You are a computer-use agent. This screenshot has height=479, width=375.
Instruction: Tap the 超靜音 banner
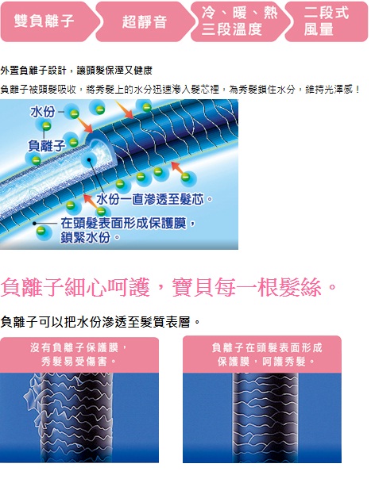pos(144,21)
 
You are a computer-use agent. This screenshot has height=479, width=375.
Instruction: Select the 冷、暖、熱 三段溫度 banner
pos(239,21)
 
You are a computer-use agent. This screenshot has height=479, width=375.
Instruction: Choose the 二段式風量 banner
pos(327,21)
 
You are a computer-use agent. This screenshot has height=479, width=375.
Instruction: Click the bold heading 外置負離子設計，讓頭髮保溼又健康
pos(76,71)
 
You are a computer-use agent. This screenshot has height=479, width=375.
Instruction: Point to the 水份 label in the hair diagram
pos(42,112)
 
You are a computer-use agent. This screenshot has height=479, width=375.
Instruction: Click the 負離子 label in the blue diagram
pos(46,146)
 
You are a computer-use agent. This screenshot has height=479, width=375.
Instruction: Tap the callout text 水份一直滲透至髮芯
pos(150,200)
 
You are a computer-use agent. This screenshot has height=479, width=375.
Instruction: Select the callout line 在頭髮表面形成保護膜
pos(123,224)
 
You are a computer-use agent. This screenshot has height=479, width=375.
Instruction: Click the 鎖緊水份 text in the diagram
pos(86,237)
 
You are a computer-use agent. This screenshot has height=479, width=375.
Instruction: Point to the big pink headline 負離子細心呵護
pos(75,287)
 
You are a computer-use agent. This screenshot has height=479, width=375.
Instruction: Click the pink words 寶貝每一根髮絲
pos(246,287)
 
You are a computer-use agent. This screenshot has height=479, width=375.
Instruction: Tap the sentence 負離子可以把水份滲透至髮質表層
pos(95,322)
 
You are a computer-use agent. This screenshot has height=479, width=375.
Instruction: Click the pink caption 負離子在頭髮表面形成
pos(267,347)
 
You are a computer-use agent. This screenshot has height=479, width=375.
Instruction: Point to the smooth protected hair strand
pos(265,417)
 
